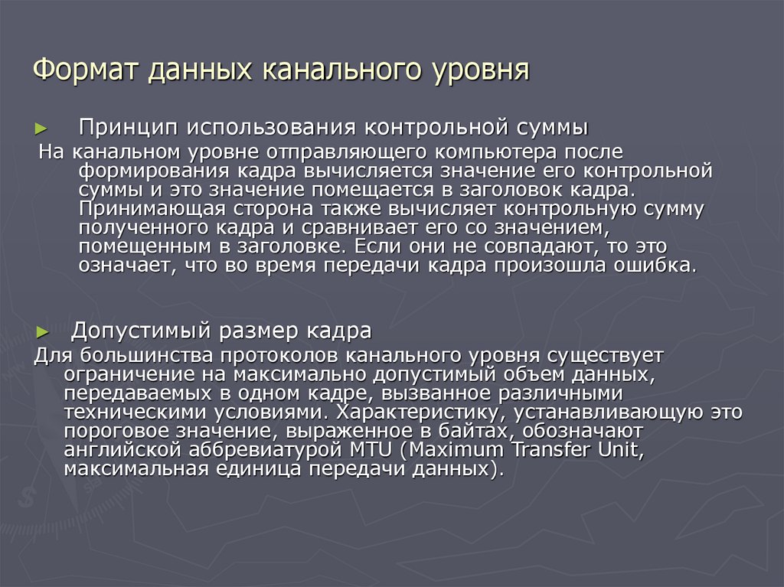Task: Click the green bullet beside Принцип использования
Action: coord(42,127)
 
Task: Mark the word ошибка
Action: coord(656,266)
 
